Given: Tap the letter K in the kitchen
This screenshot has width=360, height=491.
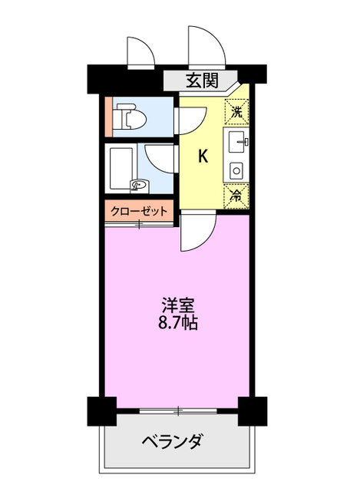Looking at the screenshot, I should (203, 157).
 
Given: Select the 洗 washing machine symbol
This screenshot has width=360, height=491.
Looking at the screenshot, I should (237, 111).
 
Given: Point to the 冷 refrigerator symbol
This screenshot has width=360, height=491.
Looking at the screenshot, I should (237, 195).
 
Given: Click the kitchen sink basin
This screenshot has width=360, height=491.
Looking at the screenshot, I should (237, 141).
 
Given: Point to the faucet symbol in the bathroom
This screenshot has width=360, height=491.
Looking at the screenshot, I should (138, 184).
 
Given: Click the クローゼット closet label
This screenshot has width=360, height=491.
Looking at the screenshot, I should (139, 209).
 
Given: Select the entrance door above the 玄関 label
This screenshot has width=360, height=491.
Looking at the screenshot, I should (206, 46).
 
